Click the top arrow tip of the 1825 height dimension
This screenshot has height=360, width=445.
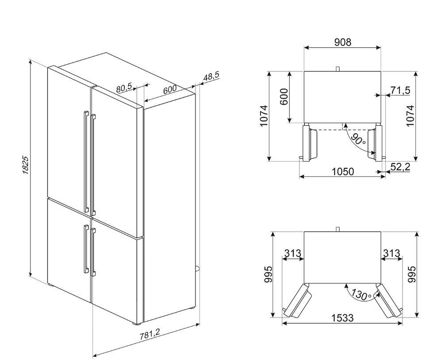pos(31,60)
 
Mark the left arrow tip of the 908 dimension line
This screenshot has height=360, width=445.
pos(304,48)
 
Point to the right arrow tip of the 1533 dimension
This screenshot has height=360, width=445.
pos(403,323)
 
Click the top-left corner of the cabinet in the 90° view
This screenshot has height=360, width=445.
pos(304,71)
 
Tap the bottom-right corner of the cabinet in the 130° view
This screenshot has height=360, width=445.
pos(380,283)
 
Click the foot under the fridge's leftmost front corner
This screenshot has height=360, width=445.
pos(50,284)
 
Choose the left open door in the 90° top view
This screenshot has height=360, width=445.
pos(309,143)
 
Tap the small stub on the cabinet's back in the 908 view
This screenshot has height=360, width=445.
pos(338,69)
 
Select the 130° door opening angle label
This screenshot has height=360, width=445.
pos(361,294)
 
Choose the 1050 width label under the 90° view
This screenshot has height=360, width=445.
pos(343,171)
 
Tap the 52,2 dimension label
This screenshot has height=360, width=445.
pos(400,167)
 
